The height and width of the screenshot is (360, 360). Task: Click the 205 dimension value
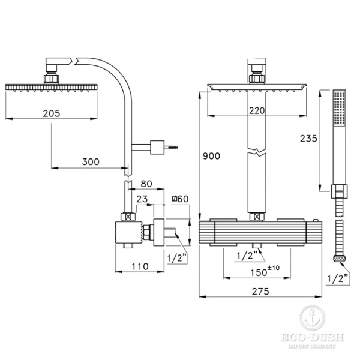tap(52, 113)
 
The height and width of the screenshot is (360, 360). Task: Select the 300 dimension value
tap(91, 162)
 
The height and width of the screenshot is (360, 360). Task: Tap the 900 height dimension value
tap(211, 156)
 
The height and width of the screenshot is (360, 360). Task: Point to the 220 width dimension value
tap(257, 111)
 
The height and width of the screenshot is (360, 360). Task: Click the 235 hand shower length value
tap(308, 139)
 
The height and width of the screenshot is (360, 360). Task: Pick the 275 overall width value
tap(260, 292)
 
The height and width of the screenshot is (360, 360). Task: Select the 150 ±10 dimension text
tap(265, 271)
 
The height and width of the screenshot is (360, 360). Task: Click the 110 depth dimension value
tap(140, 266)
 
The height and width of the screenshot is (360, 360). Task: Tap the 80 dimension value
tap(146, 184)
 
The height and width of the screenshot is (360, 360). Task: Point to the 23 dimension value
tap(142, 199)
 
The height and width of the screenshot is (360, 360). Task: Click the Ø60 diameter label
tap(181, 199)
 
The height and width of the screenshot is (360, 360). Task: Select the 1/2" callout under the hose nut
tap(338, 279)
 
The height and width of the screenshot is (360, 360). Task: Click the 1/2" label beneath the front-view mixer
tap(247, 256)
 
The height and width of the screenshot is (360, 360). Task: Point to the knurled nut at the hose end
tap(340, 259)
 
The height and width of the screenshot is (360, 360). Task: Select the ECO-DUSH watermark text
tap(312, 337)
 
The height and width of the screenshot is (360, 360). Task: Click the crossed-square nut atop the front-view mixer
tap(257, 217)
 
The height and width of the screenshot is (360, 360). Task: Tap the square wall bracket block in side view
tap(157, 147)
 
